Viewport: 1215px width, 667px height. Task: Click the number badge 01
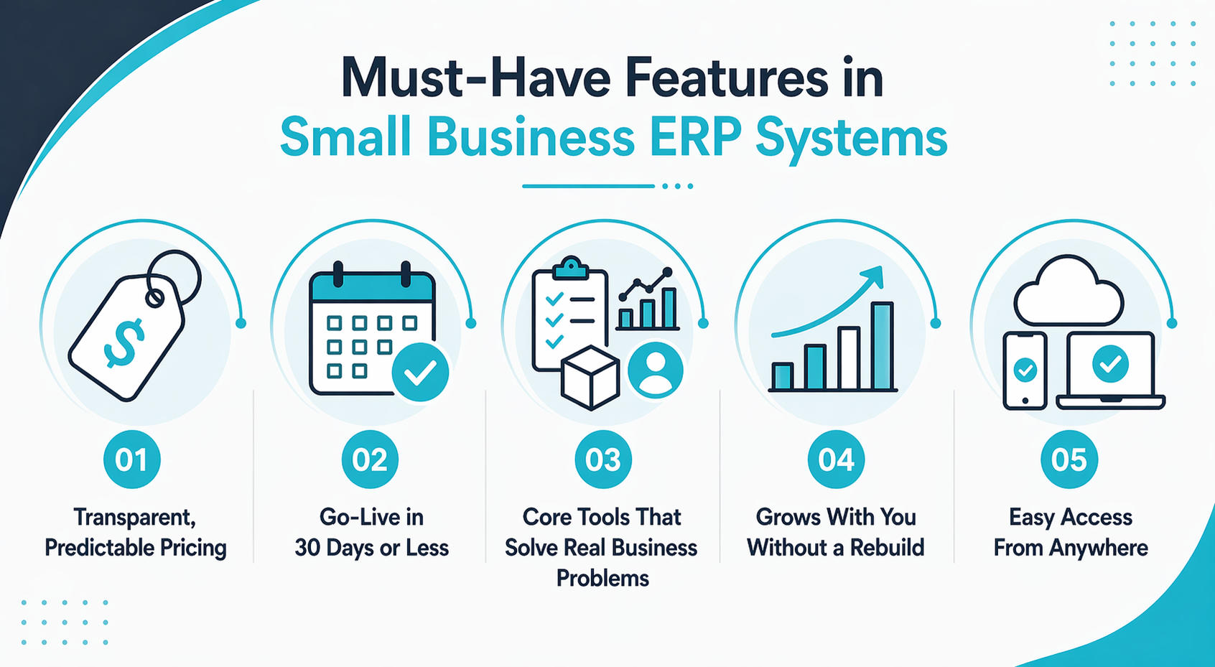pos(131,460)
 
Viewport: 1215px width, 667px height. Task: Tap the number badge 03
pos(602,460)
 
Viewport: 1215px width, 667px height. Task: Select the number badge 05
pos(1069,460)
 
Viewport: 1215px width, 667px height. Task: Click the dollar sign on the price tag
pos(124,342)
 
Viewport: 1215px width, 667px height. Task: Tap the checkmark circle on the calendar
pos(421,372)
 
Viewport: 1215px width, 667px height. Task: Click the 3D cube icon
pos(590,379)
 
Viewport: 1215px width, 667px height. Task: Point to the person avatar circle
pos(656,370)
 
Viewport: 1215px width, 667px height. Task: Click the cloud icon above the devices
pos(1069,293)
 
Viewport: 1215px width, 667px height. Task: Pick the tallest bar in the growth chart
pos(882,346)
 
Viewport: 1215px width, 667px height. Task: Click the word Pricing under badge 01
pos(193,548)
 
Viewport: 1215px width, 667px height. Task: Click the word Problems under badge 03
pos(602,578)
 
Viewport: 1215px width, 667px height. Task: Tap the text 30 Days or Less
pos(371,548)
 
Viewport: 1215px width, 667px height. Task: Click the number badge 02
pos(370,460)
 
